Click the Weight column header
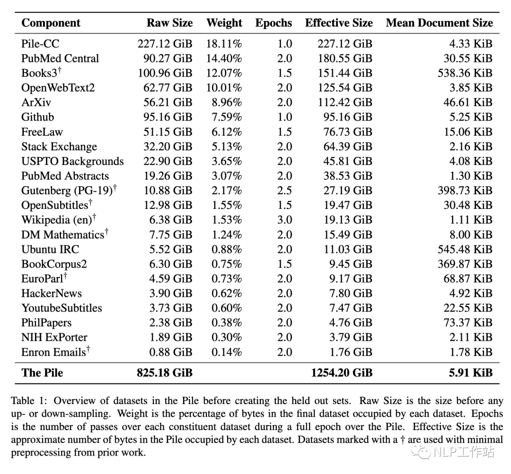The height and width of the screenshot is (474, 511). coord(224,23)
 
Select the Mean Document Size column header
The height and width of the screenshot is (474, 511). coord(439,23)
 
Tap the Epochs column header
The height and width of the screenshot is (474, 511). coord(273,23)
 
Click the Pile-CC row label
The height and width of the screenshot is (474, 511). coord(40,43)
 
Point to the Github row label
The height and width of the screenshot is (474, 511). coord(38,117)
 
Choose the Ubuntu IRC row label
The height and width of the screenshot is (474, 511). coord(50,250)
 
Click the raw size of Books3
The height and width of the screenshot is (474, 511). coord(165,73)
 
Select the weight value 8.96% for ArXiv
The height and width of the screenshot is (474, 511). coord(227,102)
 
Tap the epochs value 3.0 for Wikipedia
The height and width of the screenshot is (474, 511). coord(284,220)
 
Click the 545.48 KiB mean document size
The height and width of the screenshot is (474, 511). coord(465,250)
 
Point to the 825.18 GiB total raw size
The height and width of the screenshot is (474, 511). coord(165,373)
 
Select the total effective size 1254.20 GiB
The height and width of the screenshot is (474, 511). coord(342,373)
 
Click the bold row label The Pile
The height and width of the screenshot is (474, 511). coord(43,373)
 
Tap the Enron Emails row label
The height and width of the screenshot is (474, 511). coord(56,352)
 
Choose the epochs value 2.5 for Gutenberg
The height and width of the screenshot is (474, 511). coord(284,190)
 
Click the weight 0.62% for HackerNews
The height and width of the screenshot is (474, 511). coord(227,293)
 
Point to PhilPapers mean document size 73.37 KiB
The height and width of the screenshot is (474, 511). coord(468,323)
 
